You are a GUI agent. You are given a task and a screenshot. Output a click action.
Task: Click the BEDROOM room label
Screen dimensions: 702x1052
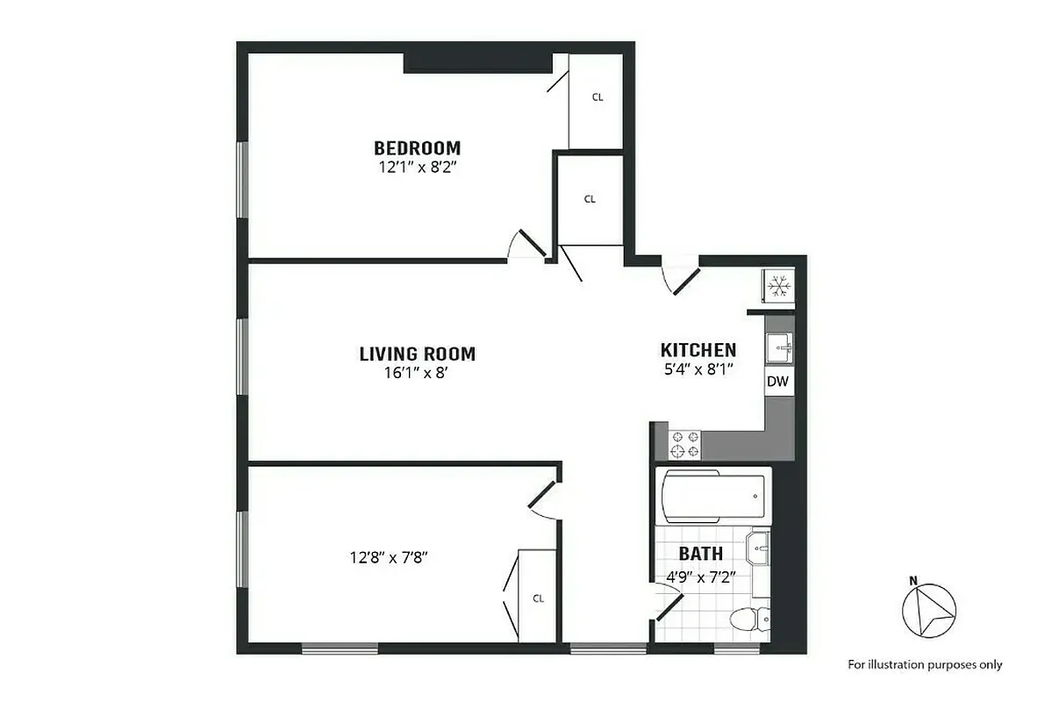tap(417, 147)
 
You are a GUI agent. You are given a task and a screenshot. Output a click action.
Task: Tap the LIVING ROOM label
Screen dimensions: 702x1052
tap(417, 354)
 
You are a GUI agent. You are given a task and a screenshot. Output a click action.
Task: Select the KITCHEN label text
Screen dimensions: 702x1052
tap(698, 350)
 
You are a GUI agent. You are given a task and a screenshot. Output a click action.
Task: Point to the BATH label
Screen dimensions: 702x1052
tap(701, 554)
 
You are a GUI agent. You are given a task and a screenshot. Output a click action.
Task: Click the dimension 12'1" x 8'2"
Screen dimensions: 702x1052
tap(417, 166)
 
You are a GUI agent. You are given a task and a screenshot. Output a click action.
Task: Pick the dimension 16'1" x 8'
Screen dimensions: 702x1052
tap(417, 373)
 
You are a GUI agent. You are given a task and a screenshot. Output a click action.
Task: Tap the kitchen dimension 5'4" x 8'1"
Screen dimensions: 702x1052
tap(698, 369)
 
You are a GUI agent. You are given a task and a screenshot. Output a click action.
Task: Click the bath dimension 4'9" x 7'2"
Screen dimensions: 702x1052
tap(698, 577)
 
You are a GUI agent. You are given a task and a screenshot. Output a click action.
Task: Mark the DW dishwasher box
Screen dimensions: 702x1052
tap(777, 382)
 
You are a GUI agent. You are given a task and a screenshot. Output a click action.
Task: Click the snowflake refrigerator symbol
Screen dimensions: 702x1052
tap(778, 286)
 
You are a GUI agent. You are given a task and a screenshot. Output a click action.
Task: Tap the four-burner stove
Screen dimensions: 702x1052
tap(685, 444)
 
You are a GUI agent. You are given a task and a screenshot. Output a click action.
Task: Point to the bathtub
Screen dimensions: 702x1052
tap(712, 496)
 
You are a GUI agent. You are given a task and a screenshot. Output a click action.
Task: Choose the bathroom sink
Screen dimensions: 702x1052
tap(759, 551)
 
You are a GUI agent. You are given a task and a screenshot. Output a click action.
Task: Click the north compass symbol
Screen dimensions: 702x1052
tap(929, 609)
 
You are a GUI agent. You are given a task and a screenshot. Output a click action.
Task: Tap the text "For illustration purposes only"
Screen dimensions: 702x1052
tap(925, 664)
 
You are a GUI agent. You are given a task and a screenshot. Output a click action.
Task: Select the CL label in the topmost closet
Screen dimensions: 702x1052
tap(598, 97)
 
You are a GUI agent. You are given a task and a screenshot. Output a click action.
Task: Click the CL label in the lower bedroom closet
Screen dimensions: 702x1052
tap(538, 598)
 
